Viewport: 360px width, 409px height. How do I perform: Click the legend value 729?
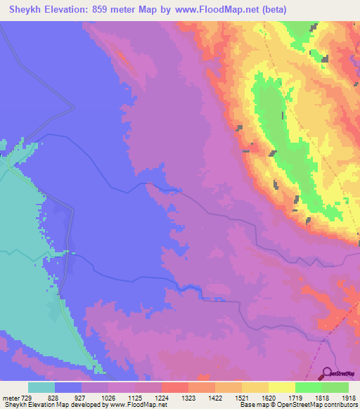tap(26, 398)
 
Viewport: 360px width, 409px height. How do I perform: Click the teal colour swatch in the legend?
tap(41, 387)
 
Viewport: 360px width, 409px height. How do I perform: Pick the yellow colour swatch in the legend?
tap(282, 387)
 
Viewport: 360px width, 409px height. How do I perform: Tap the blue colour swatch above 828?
tap(68, 387)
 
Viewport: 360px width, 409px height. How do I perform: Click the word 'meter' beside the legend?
tap(9, 398)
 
